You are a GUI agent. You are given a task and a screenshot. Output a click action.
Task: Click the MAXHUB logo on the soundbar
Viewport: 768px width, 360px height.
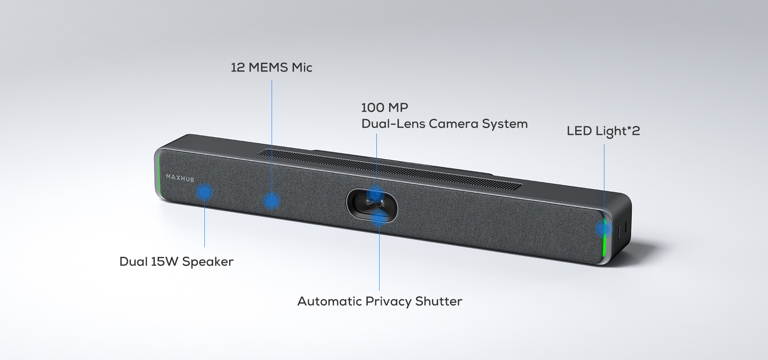(x=180, y=178)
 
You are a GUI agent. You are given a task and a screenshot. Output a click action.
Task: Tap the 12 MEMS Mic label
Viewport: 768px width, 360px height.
(x=271, y=67)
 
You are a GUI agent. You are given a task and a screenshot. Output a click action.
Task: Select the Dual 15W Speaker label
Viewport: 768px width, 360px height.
(x=176, y=262)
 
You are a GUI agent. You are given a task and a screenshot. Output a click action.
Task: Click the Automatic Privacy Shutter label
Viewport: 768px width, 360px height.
(x=380, y=301)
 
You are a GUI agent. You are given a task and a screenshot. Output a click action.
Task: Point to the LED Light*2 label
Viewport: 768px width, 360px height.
(x=603, y=131)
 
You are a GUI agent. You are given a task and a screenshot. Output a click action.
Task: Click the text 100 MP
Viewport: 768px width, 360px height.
(x=384, y=108)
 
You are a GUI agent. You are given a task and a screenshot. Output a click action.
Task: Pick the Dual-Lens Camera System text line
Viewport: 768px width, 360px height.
(x=444, y=124)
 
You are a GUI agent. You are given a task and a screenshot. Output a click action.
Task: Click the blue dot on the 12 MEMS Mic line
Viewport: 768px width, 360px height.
(x=272, y=201)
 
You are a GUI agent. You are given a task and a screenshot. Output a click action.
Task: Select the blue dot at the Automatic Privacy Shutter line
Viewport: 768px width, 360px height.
(x=379, y=218)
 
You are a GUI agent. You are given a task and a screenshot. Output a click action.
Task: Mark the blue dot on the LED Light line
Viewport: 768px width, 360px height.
(x=604, y=228)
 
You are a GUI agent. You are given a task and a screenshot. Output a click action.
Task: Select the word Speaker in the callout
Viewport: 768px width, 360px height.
(x=208, y=262)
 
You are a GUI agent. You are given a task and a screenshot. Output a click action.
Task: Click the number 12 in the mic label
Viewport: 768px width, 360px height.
(x=238, y=67)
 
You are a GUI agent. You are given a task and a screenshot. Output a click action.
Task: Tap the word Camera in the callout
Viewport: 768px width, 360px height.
(x=454, y=124)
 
